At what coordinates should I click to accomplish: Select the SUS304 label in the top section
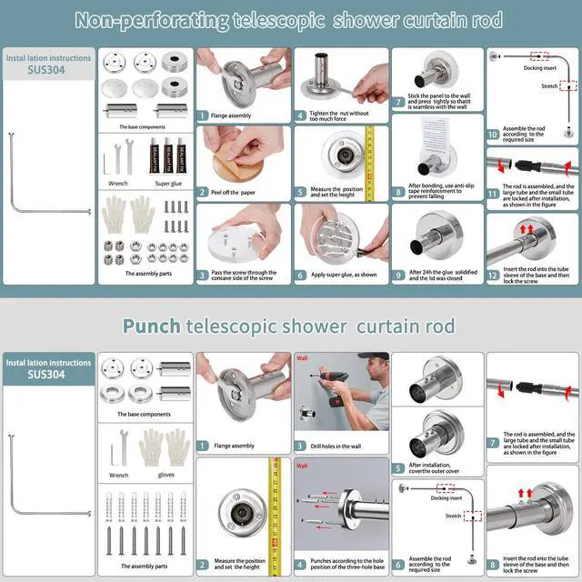[x=47, y=74]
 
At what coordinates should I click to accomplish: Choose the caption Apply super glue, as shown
[x=336, y=275]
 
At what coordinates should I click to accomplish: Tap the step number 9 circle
[x=398, y=275]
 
